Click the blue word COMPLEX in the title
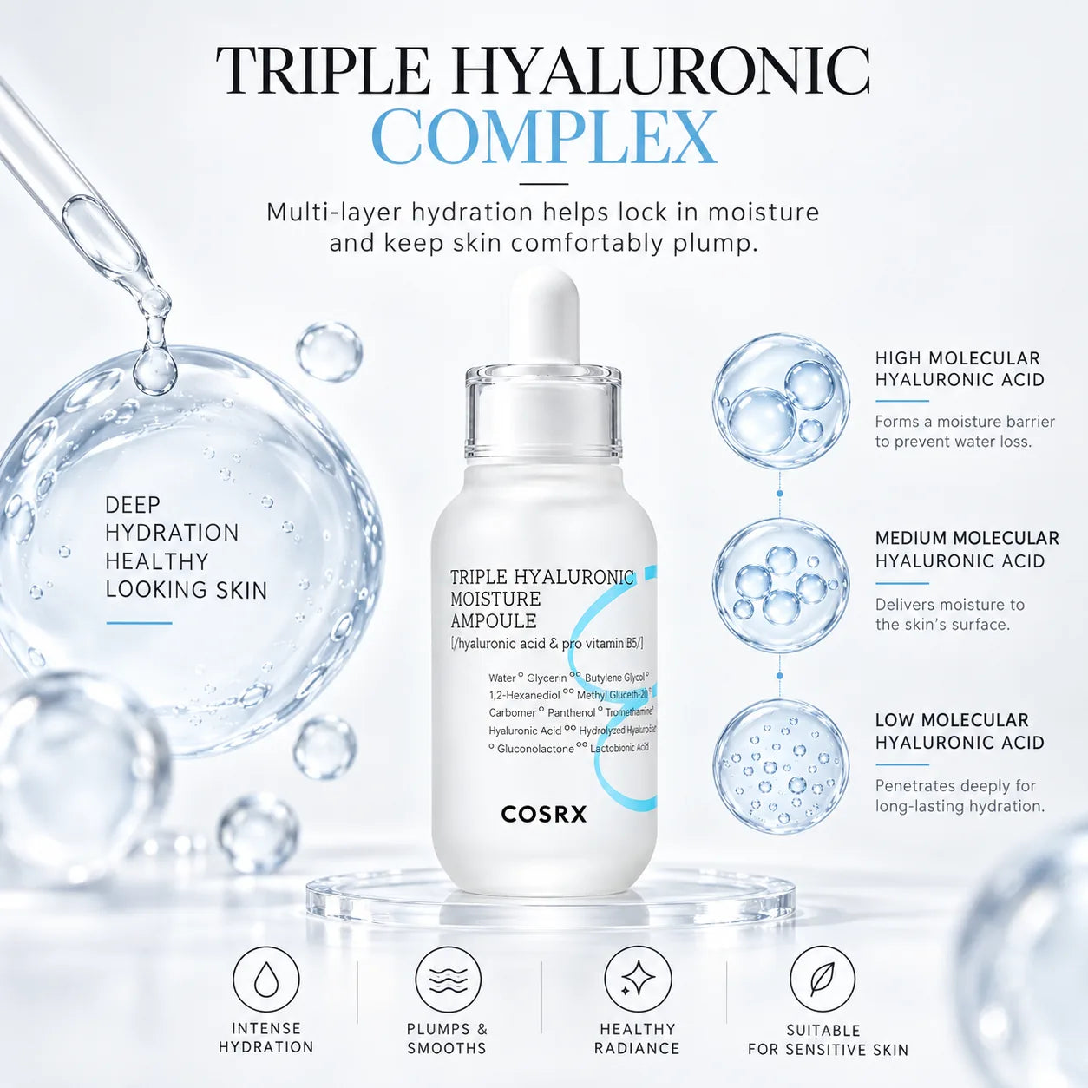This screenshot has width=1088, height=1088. click(x=544, y=137)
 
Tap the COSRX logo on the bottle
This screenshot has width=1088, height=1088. click(x=544, y=814)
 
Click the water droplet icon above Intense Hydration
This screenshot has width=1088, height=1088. click(x=266, y=980)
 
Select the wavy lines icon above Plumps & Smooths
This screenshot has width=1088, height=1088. click(x=448, y=980)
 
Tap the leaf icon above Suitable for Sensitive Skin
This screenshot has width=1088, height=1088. click(x=822, y=980)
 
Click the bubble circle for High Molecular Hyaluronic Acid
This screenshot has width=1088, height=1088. click(x=780, y=401)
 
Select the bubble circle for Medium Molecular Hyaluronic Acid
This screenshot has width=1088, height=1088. click(x=780, y=586)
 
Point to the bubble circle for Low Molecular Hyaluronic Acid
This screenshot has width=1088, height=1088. click(x=780, y=767)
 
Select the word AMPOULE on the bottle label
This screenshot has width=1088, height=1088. click(x=494, y=620)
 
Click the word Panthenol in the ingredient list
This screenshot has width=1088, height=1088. click(x=572, y=712)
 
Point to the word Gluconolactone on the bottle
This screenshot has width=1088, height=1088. click(x=535, y=750)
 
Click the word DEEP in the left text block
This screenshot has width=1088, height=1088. click(x=133, y=505)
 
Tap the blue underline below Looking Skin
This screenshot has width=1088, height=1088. click(x=139, y=623)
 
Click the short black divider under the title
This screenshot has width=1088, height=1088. click(x=543, y=183)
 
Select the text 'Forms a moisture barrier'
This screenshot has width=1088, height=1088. click(x=965, y=422)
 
